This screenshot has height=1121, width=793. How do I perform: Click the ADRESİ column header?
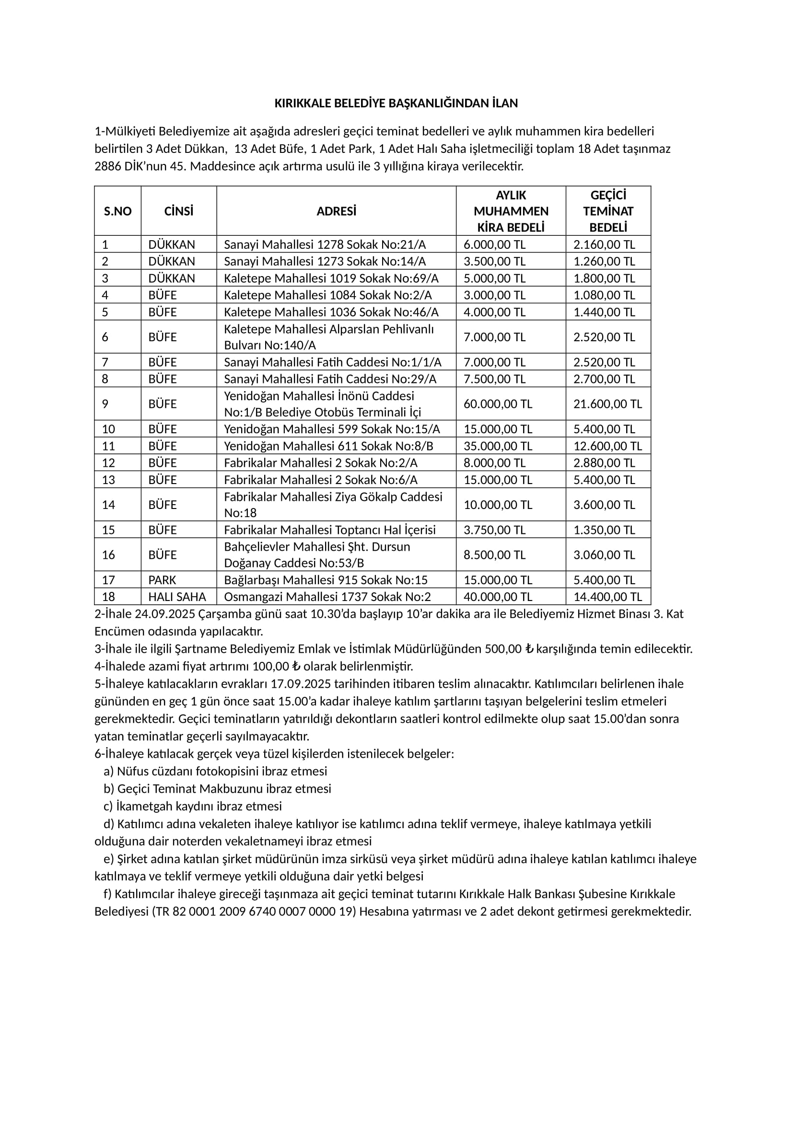336,211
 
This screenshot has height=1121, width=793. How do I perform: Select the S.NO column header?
117,211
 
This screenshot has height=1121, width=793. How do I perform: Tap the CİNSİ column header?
179,211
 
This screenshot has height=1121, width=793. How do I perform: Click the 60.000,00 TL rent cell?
498,404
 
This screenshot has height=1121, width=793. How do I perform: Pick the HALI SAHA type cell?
177,597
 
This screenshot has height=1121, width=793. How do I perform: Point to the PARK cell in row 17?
162,580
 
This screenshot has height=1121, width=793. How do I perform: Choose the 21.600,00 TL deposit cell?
607,404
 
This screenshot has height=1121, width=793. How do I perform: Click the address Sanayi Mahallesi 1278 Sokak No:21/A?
325,244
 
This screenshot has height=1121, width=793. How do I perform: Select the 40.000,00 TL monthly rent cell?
498,597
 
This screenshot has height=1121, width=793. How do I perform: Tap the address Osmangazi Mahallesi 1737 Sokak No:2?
327,597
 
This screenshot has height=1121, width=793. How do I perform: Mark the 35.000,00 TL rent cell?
498,446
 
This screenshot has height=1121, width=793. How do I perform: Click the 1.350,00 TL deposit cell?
604,530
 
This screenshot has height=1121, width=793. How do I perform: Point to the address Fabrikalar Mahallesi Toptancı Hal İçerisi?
329,530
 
